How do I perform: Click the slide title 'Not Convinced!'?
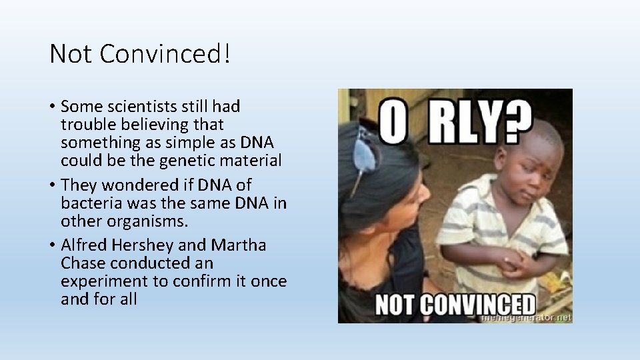(140, 54)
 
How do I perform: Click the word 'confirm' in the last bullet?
(198, 281)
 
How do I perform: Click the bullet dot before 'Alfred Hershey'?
(53, 246)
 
